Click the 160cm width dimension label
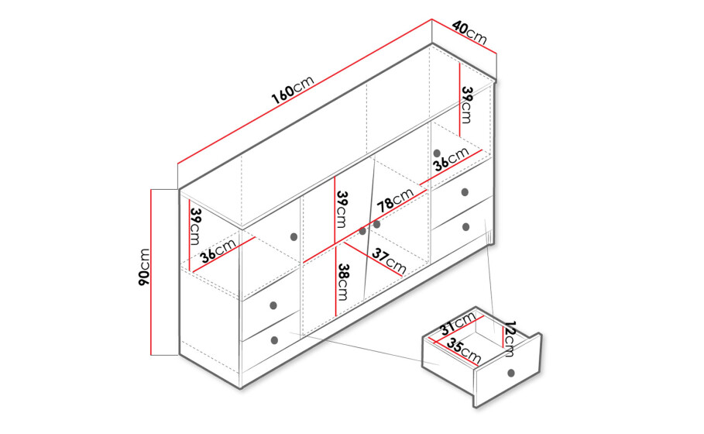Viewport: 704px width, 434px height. (292, 90)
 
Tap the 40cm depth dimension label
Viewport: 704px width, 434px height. (469, 33)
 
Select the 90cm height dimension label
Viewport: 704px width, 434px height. (144, 267)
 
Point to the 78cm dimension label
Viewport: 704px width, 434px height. (395, 200)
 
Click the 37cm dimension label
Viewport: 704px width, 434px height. (389, 261)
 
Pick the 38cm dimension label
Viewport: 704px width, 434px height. (343, 281)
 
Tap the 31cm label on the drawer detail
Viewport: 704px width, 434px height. (458, 323)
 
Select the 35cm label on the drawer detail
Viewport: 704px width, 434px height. (464, 351)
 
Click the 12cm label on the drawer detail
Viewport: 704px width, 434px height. (510, 339)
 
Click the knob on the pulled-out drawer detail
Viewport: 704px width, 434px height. (510, 373)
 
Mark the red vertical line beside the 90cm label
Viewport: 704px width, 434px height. (151, 272)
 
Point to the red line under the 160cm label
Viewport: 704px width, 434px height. (304, 91)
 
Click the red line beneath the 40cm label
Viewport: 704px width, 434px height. (464, 36)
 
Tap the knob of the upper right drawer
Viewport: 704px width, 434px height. (465, 192)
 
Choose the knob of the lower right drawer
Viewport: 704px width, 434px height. (465, 227)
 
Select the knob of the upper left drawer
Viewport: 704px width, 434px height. (273, 306)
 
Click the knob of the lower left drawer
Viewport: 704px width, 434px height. (275, 340)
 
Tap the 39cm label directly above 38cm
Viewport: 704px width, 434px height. (342, 209)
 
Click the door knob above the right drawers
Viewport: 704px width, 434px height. (437, 153)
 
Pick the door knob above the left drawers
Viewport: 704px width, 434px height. (294, 237)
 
